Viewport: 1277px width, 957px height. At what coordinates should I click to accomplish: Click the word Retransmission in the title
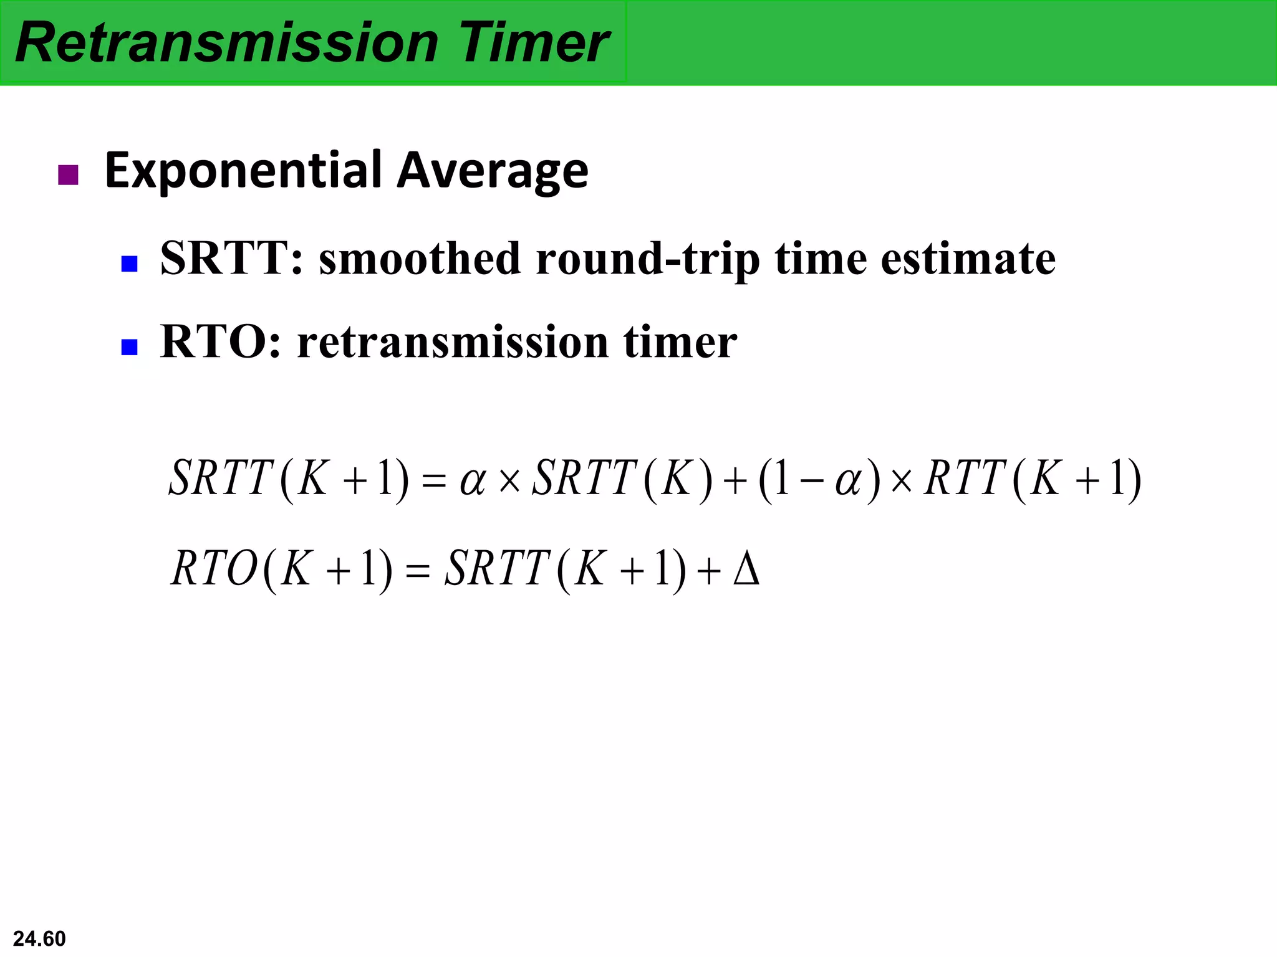(x=227, y=42)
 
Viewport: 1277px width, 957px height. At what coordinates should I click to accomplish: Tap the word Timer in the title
(x=534, y=42)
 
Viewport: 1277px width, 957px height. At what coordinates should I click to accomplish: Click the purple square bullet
(x=68, y=175)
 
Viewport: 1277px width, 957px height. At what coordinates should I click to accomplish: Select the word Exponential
(x=243, y=171)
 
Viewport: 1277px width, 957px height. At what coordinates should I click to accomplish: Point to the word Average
(x=493, y=171)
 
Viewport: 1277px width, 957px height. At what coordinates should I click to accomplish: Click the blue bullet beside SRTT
(x=129, y=264)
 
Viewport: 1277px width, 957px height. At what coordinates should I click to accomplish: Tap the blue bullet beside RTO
(x=129, y=346)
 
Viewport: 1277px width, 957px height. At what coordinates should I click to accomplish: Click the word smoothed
(x=419, y=258)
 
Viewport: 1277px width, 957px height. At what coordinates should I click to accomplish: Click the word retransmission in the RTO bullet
(x=453, y=342)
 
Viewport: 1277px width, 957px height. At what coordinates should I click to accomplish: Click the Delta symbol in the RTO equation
(x=746, y=568)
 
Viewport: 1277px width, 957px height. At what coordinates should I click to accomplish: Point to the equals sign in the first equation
(x=434, y=480)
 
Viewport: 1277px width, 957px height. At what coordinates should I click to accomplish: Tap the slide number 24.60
(x=39, y=938)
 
